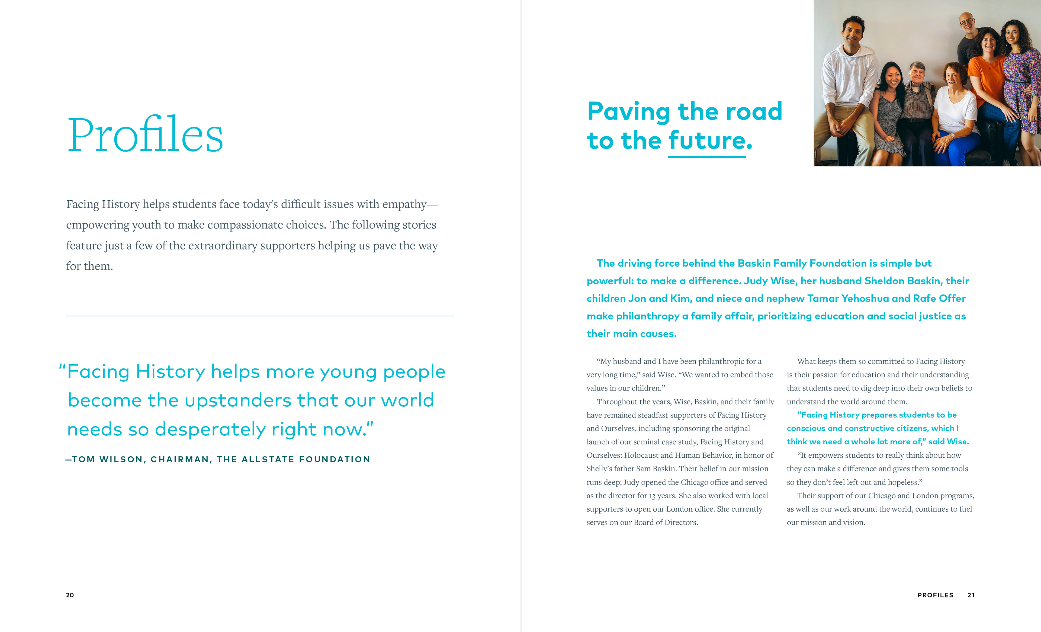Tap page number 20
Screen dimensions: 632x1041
click(70, 595)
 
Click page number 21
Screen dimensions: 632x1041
click(971, 595)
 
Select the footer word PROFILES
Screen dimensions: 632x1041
click(935, 595)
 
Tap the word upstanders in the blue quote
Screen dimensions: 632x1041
click(238, 400)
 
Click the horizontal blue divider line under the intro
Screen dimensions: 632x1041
click(260, 316)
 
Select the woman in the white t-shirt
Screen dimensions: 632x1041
click(956, 106)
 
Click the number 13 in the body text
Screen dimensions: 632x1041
click(652, 496)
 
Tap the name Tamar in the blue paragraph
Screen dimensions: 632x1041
click(822, 299)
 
